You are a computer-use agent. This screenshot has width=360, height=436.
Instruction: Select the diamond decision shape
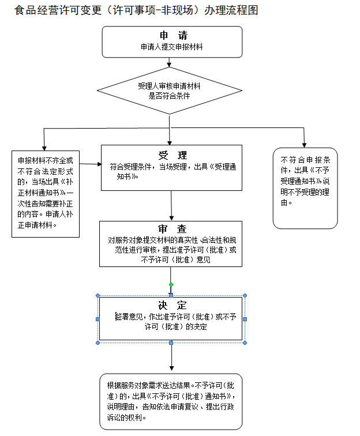pos(169,91)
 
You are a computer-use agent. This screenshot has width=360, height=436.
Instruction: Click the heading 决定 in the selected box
pos(172,305)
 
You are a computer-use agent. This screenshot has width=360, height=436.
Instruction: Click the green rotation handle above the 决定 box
pos(171,285)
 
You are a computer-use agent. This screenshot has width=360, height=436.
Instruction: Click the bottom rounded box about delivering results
pos(171,401)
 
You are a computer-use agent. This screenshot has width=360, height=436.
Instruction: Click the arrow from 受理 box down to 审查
pos(172,205)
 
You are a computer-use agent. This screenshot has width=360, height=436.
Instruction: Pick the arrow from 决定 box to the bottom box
pos(171,357)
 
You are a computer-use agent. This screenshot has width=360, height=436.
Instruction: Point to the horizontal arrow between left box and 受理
pos(91,164)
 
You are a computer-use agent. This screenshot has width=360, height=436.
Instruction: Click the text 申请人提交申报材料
pos(171,47)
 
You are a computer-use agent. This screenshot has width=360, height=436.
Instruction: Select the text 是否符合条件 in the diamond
pos(169,96)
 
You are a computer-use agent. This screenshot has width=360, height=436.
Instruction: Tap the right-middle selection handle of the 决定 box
pos(245,319)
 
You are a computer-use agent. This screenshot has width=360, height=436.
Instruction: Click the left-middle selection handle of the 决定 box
pos(97,319)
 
